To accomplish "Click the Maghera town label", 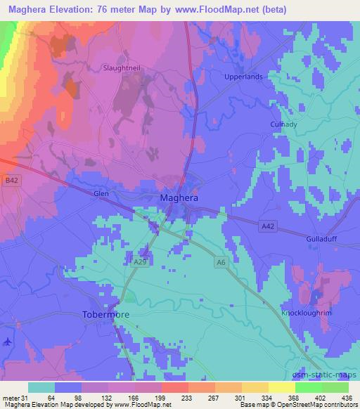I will (179, 198).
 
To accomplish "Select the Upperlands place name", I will (243, 77).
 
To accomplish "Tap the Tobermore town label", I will (106, 315).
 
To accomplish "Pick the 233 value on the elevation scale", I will (167, 397).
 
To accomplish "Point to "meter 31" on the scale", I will (15, 397).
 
